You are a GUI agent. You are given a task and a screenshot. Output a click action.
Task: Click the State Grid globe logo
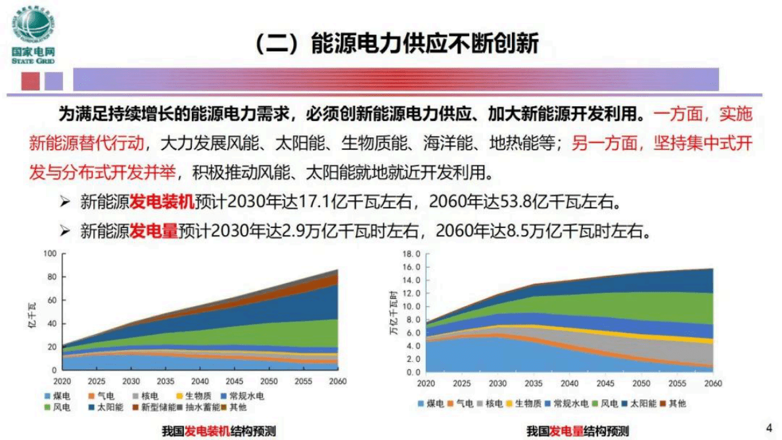coord(33,26)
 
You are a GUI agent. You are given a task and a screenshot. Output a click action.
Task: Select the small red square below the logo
coord(31,81)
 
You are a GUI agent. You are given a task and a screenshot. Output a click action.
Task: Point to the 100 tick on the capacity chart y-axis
coord(51,253)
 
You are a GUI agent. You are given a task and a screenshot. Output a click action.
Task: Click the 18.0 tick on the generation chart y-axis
coord(411,253)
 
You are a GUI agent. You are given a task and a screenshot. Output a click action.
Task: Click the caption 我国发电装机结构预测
coord(219,431)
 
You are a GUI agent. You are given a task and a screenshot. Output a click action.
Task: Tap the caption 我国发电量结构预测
coord(577,431)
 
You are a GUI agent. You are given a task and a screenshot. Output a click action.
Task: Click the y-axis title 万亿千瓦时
coord(394,313)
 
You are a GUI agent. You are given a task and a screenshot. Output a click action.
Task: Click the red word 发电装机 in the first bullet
coord(162,201)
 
